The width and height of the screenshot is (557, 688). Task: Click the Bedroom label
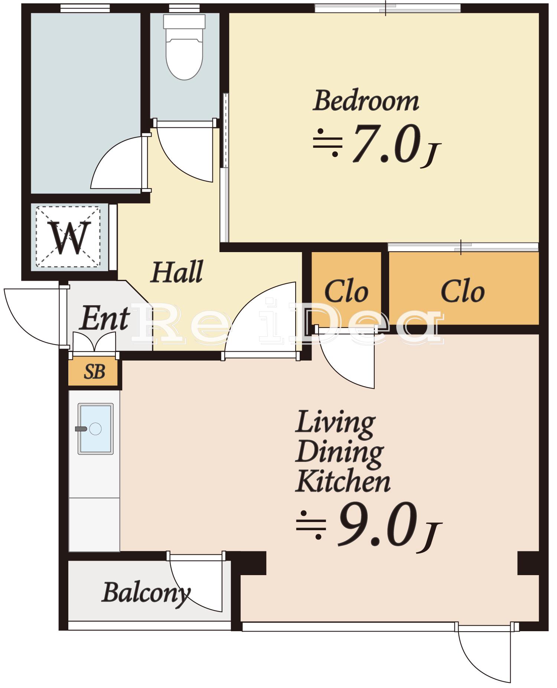pyautogui.click(x=366, y=101)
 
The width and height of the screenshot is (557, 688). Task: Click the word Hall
pyautogui.click(x=177, y=272)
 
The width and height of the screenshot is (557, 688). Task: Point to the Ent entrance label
pyautogui.click(x=104, y=318)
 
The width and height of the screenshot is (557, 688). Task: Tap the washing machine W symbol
pyautogui.click(x=69, y=237)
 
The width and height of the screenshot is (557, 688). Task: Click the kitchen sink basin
pyautogui.click(x=95, y=429)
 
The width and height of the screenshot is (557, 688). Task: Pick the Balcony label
pyautogui.click(x=146, y=593)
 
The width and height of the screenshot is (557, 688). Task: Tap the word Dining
pyautogui.click(x=339, y=453)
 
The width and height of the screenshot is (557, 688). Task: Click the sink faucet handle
pyautogui.click(x=81, y=429)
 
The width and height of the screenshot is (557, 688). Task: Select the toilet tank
pyautogui.click(x=184, y=22)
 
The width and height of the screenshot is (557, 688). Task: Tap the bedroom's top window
pyautogui.click(x=388, y=8)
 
